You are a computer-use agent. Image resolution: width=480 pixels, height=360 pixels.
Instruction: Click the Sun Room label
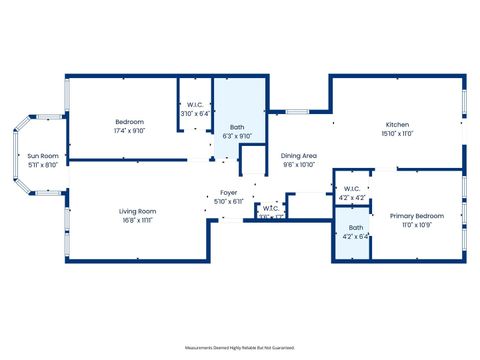click(42, 156)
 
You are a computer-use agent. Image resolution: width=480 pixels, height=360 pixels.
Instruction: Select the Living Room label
click(137, 211)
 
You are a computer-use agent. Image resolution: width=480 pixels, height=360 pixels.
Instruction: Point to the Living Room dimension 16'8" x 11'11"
click(137, 220)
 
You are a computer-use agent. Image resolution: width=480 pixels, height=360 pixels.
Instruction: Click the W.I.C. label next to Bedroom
click(195, 105)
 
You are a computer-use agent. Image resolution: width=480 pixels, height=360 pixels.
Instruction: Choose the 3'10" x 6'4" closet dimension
click(195, 114)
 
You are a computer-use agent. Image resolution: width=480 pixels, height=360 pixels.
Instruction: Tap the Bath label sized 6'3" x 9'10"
click(237, 127)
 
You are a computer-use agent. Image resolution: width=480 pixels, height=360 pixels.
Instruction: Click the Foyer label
click(229, 193)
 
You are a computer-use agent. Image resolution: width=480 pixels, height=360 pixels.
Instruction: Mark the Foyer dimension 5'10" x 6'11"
click(229, 202)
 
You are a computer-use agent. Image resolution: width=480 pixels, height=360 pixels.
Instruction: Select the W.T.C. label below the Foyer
click(271, 208)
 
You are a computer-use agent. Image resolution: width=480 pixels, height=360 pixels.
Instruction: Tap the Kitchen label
click(397, 123)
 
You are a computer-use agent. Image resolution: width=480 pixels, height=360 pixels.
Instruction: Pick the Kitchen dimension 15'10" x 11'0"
click(397, 132)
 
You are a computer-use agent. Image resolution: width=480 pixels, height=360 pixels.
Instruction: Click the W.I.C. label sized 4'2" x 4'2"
click(351, 189)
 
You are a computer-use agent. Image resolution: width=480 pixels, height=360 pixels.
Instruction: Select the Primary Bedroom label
click(416, 216)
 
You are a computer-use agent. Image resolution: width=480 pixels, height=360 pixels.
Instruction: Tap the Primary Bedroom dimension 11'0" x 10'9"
click(416, 225)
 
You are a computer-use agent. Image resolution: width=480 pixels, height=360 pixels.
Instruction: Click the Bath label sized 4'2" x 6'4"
click(351, 228)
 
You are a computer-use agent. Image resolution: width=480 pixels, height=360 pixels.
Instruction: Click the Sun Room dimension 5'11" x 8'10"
click(42, 165)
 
